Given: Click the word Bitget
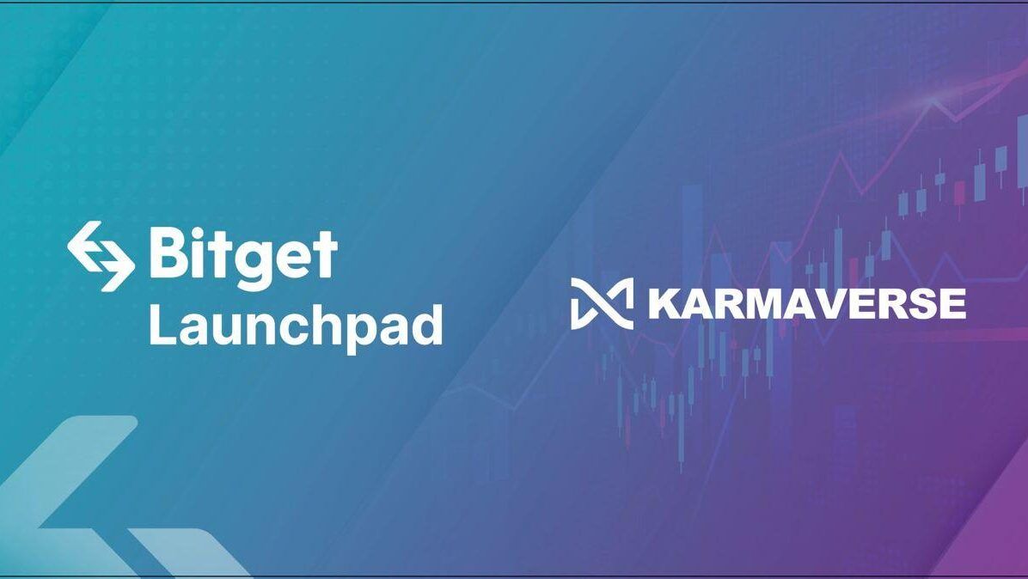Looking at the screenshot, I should click(242, 256).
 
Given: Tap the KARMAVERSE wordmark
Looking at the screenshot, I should click(806, 303).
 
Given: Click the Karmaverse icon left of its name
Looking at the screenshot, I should click(602, 303).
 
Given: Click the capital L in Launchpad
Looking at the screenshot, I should click(161, 326).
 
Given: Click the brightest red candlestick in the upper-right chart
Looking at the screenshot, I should click(959, 191).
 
